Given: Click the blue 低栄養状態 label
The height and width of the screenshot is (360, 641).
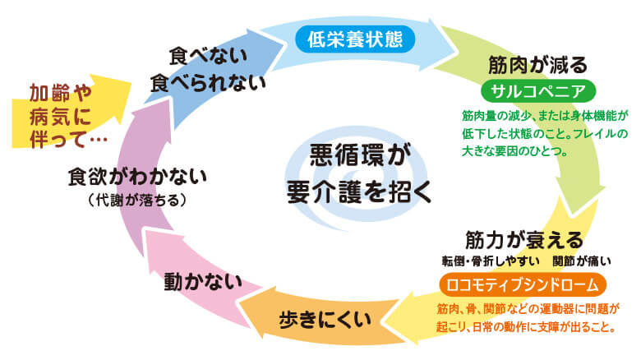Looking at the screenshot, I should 355,38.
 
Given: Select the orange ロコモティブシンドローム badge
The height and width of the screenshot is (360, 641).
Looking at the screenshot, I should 523,284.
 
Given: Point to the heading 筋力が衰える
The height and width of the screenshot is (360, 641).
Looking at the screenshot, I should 523,240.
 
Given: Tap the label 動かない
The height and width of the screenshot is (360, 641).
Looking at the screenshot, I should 203,281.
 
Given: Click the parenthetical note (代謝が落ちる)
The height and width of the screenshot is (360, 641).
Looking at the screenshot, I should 137,200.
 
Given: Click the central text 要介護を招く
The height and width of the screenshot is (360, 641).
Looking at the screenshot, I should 357,192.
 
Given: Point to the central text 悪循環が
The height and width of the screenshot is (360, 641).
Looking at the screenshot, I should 358,155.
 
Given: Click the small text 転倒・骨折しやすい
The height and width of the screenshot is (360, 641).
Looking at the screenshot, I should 490,261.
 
